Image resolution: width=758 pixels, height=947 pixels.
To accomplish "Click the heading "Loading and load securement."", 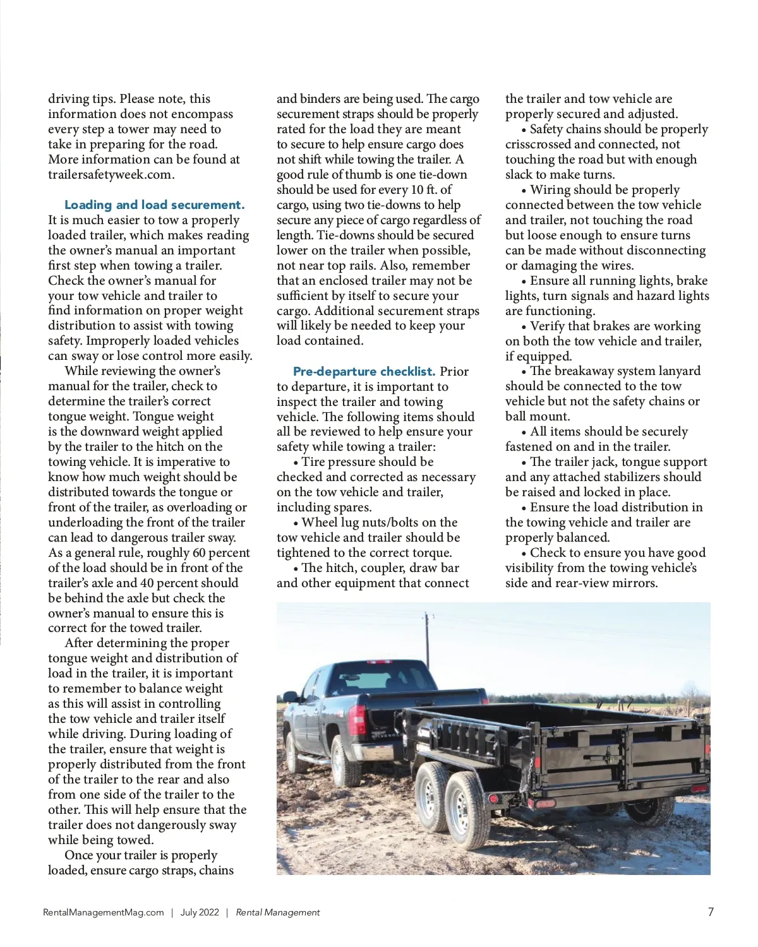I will pyautogui.click(x=154, y=205).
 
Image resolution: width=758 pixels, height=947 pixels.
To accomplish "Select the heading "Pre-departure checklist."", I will pyautogui.click(x=364, y=371).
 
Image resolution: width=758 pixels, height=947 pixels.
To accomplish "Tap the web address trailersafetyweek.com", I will pyautogui.click(x=111, y=175).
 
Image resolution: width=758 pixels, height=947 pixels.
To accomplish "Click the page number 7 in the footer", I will pyautogui.click(x=711, y=912).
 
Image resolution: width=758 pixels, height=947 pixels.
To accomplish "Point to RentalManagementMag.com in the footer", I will pyautogui.click(x=104, y=912).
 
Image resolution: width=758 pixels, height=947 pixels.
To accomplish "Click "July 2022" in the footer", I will pyautogui.click(x=200, y=912).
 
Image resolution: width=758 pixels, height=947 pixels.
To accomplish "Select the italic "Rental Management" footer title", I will pyautogui.click(x=278, y=912).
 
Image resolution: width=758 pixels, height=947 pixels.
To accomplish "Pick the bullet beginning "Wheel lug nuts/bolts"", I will pyautogui.click(x=379, y=523).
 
